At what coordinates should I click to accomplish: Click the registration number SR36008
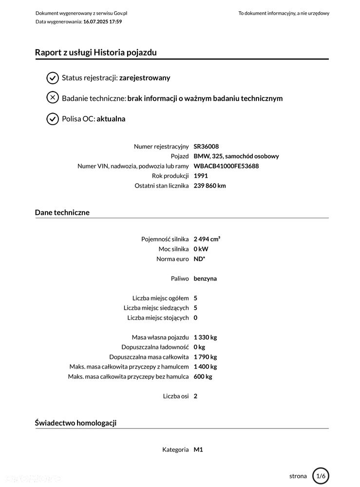pos(206,146)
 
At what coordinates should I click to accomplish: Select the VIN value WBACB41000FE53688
pos(226,166)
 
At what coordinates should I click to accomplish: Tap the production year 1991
pos(201,176)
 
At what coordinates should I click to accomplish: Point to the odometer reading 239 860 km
pos(209,186)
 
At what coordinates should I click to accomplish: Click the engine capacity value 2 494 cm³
pos(207,239)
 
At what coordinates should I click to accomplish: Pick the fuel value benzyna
pos(205,279)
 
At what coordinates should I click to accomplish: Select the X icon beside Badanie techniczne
pos(53,97)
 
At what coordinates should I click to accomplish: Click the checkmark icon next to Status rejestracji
pos(53,78)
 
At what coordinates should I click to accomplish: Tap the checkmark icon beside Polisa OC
pos(53,119)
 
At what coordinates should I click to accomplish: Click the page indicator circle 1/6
pos(321,476)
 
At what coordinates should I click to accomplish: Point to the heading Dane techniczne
pos(62,212)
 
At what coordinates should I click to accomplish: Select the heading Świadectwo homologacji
pos(76,423)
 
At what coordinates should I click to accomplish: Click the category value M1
pos(198,450)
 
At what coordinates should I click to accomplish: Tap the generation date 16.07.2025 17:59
pos(102,21)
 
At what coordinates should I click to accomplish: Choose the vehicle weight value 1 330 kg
pos(205,337)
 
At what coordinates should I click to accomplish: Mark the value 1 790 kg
pos(205,357)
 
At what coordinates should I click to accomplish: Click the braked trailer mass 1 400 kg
pos(205,367)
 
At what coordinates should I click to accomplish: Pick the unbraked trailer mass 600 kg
pos(203,376)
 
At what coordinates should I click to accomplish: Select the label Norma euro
pos(172,259)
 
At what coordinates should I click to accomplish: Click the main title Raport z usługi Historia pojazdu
pos(96,52)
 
